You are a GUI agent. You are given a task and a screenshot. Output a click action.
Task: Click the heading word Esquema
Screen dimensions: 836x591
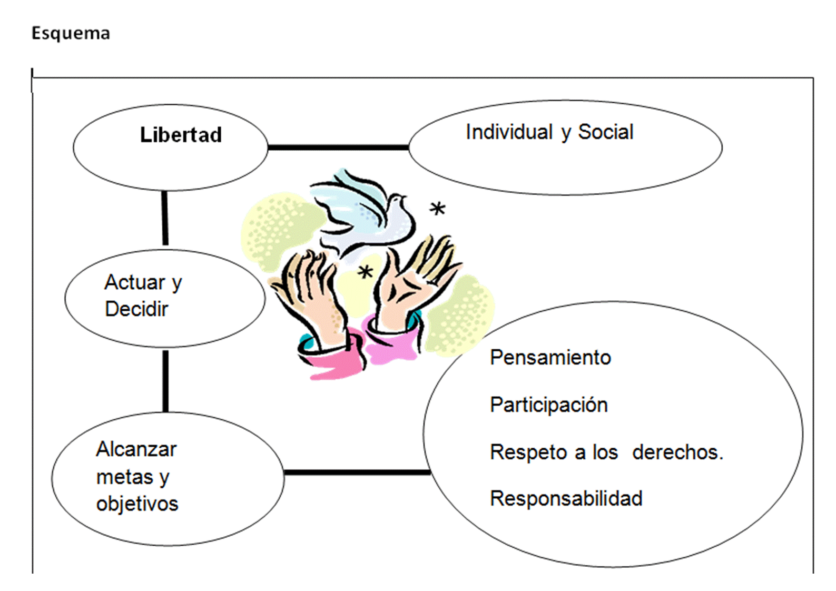pos(71,33)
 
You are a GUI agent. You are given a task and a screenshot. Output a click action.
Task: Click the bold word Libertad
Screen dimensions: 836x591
pos(181,135)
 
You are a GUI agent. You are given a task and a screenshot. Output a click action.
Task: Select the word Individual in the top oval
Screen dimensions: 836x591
pos(509,132)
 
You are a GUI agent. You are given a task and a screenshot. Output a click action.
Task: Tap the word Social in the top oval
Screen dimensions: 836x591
pos(605,132)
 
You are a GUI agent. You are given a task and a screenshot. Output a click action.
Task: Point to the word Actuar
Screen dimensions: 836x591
pos(135,282)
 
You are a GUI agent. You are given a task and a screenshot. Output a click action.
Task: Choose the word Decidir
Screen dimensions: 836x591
pos(136,309)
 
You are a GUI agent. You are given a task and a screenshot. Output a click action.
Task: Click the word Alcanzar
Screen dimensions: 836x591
pos(136,449)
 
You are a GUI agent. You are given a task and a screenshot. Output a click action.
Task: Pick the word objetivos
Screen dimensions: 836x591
pos(137,504)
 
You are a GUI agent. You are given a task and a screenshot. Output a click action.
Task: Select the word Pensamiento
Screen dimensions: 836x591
pos(550,358)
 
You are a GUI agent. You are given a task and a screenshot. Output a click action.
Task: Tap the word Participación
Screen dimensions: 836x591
pos(548,405)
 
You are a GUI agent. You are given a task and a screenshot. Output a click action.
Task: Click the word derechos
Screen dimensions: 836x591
pos(677,452)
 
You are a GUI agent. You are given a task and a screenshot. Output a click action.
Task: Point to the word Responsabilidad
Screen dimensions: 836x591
pos(566,498)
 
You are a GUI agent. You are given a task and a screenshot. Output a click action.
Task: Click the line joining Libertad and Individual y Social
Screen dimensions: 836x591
pos(338,147)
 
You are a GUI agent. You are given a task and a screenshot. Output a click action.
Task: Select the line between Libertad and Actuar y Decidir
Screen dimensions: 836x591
pos(165,218)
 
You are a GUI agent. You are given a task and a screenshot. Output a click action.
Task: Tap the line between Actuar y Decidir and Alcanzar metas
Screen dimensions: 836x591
pos(165,380)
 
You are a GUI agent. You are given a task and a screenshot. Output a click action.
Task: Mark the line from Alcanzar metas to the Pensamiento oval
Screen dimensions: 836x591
pos(357,472)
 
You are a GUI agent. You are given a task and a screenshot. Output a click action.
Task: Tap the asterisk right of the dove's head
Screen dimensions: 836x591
pos(437,209)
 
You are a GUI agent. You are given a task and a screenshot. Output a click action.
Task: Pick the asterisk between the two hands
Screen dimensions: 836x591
pos(365,272)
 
